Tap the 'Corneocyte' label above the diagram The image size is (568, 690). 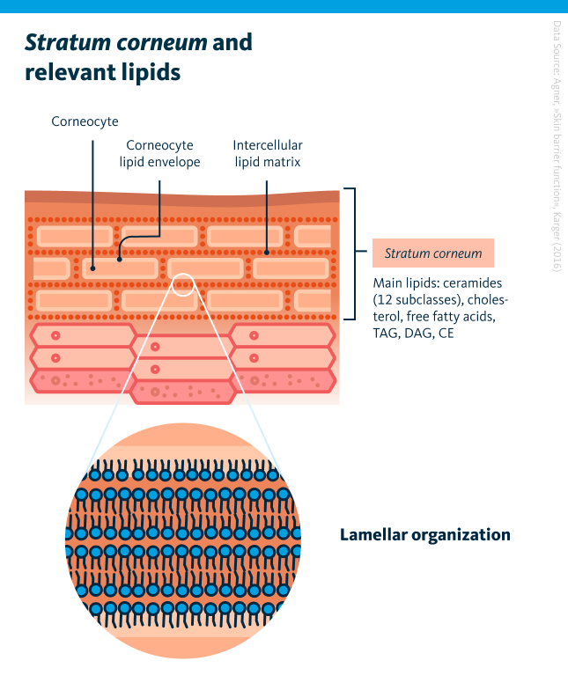(x=85, y=121)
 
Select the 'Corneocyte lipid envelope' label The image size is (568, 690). (x=159, y=153)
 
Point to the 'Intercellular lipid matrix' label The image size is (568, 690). (x=267, y=153)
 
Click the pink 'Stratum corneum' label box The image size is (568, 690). (x=432, y=253)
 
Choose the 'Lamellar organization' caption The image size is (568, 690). (x=424, y=534)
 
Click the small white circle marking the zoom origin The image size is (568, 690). (x=182, y=284)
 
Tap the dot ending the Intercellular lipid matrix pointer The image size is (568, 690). (x=267, y=252)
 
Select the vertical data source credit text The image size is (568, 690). (x=557, y=145)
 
